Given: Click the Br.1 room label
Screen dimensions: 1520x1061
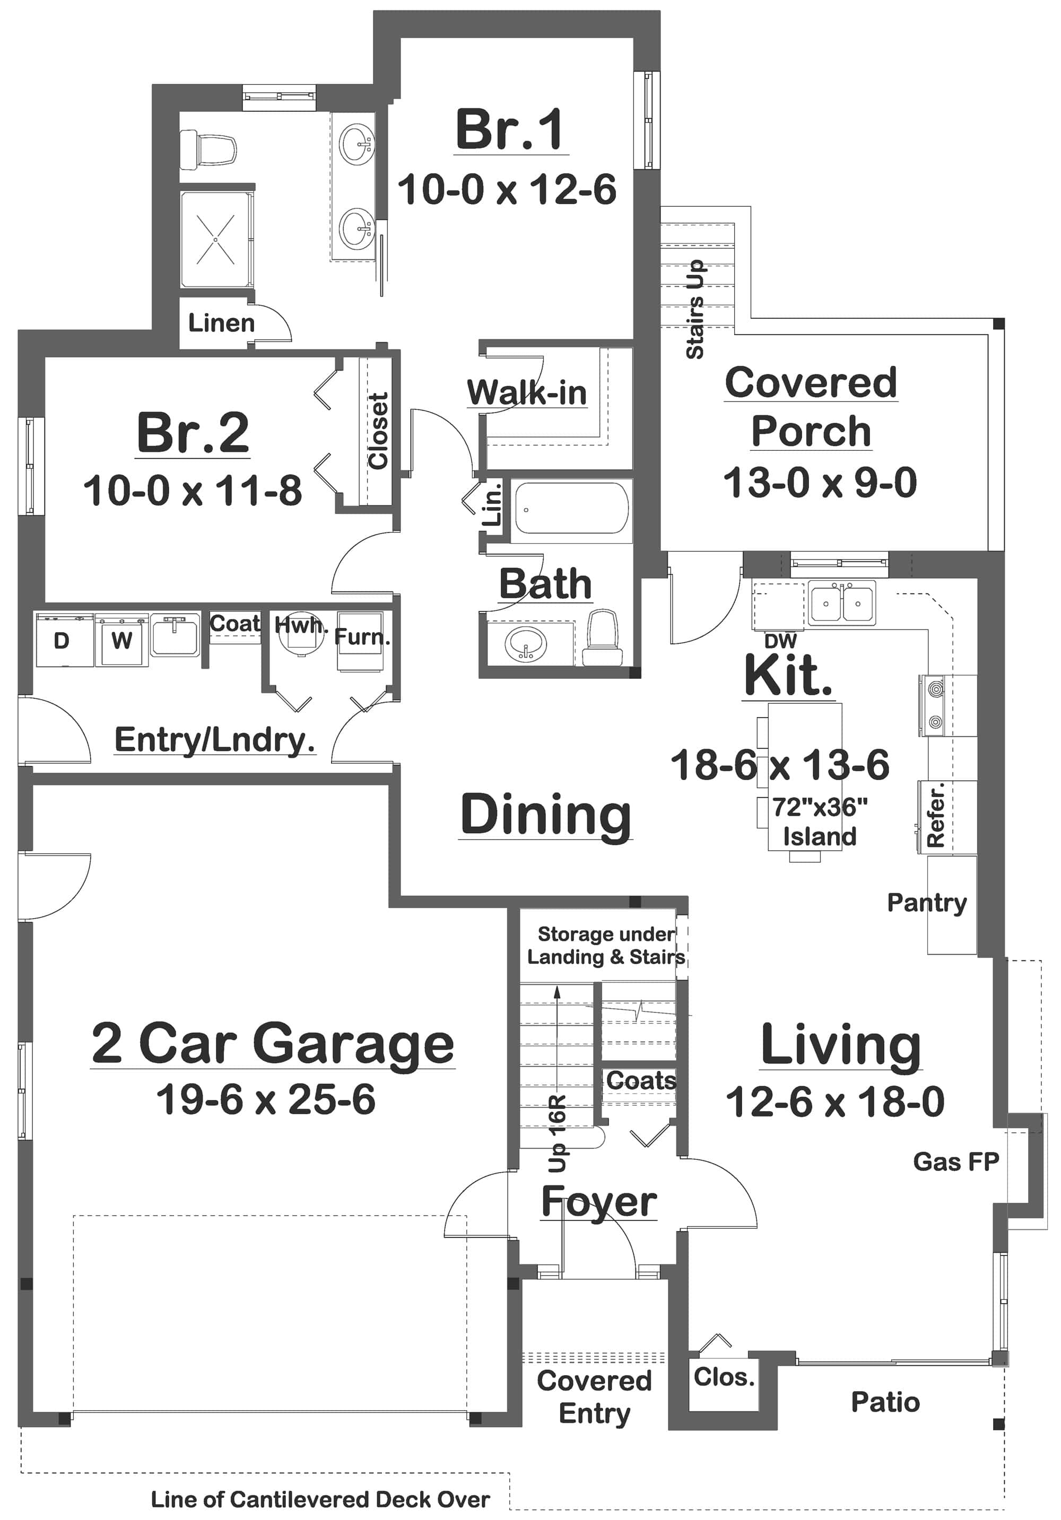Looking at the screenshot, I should click(509, 130).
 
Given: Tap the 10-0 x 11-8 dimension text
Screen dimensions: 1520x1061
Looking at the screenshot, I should click(192, 491).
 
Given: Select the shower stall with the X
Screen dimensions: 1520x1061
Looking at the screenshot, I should click(216, 240).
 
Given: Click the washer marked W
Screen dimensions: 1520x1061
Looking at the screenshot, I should click(121, 640).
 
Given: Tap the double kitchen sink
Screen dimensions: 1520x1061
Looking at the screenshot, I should click(841, 602).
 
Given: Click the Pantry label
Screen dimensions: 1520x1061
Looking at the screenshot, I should click(927, 902).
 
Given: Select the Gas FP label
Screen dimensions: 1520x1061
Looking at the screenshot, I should click(955, 1161).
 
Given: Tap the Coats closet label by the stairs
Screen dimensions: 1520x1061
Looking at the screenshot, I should click(640, 1081).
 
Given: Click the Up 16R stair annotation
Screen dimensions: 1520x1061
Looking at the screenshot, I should click(558, 1133).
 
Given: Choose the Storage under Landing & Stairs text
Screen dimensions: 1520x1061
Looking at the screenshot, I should click(605, 946).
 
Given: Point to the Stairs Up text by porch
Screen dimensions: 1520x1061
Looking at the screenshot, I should click(695, 309).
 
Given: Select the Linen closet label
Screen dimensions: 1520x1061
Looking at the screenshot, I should click(221, 323).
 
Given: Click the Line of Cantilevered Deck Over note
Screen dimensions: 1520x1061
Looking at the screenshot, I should click(320, 1499).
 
